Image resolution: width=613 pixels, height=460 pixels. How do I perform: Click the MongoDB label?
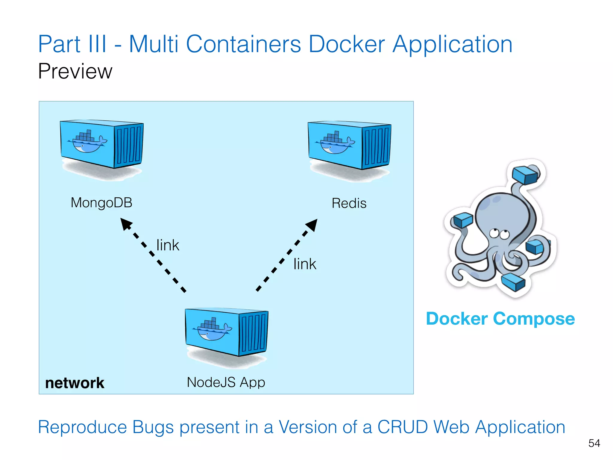101,203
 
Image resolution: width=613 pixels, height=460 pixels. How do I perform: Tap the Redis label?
349,203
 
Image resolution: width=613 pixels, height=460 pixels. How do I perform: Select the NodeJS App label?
226,382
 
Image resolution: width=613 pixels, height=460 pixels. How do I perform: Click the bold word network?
75,383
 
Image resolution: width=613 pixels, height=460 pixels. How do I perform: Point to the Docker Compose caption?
500,319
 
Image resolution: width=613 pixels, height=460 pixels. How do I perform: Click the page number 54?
594,443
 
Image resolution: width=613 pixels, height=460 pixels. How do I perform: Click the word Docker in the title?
346,44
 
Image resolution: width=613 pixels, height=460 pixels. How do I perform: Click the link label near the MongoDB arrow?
168,245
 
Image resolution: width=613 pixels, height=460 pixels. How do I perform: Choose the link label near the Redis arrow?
305,264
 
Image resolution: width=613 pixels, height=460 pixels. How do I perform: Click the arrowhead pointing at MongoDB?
125,223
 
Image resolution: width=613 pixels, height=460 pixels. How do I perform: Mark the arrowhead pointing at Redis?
312,225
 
